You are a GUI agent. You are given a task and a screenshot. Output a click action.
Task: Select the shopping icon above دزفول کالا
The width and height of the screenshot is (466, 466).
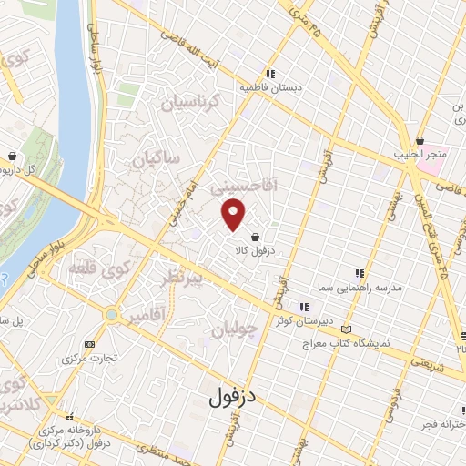tap(265, 237)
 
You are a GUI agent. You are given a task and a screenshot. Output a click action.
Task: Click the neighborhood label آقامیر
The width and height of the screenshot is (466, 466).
tap(146, 316)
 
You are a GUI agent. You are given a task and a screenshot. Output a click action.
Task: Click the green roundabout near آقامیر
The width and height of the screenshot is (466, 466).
tap(111, 315)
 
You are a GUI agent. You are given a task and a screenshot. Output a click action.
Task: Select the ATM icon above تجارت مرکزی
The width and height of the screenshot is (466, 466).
tap(88, 344)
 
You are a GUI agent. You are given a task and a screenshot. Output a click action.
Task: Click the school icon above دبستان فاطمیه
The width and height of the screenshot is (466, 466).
tap(269, 75)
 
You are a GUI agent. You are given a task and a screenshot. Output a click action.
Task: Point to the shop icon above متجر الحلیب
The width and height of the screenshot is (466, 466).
tap(421, 140)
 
